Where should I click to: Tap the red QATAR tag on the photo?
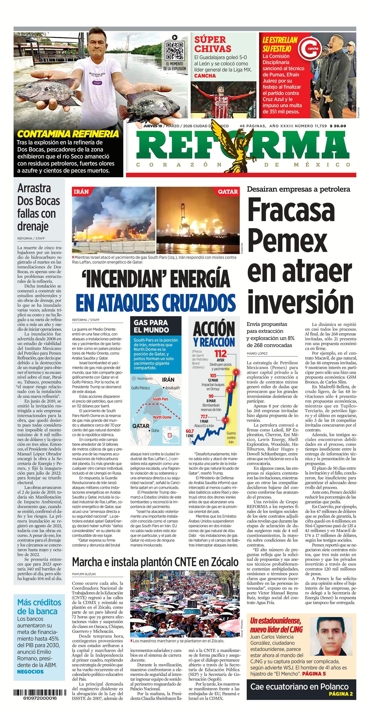point(228,192)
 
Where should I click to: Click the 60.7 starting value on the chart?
point(190,431)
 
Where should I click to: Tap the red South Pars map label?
point(160,399)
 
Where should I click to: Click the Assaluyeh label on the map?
point(172,388)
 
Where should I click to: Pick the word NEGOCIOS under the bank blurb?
point(30,672)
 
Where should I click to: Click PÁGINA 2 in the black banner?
point(341,694)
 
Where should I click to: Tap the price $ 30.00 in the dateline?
point(338,126)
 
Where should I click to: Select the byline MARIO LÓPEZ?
point(257,354)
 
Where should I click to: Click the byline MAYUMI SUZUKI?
point(84,574)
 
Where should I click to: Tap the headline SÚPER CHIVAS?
point(213,44)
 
